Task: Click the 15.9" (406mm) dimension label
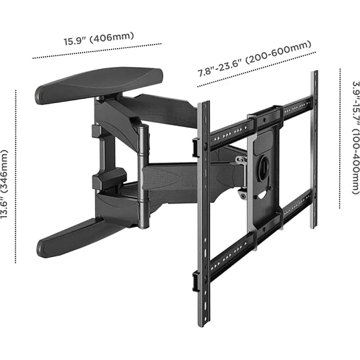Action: tap(98, 39)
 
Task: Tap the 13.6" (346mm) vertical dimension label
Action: tap(4, 184)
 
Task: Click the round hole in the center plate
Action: tap(265, 166)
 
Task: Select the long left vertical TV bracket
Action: tap(203, 213)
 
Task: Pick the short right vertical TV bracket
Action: tap(314, 149)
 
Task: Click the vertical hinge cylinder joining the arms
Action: tap(143, 177)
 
